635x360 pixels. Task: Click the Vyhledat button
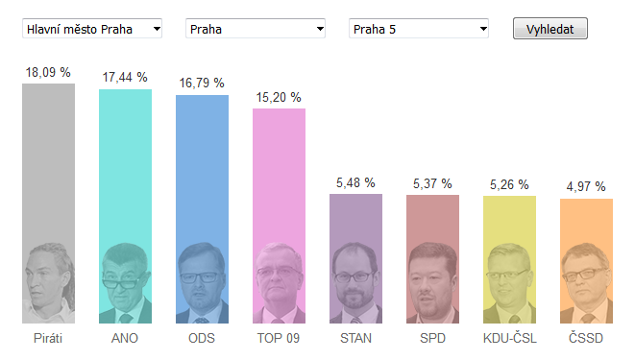[x=550, y=28]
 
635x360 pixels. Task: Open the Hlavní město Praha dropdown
[x=92, y=28]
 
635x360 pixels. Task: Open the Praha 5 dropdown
[x=419, y=28]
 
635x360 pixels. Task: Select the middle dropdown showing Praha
[x=256, y=28]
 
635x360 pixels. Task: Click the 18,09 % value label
[x=48, y=72]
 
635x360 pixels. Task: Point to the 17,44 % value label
[x=125, y=77]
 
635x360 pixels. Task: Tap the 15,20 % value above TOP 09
[x=279, y=98]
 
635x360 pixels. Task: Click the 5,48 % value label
[x=355, y=182]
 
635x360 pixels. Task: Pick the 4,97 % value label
[x=586, y=186]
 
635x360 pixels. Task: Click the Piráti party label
[x=48, y=338]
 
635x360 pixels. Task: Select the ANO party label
[x=125, y=338]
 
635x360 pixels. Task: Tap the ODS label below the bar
[x=202, y=338]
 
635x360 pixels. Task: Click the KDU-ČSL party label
[x=510, y=338]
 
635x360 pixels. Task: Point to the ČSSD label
[x=586, y=338]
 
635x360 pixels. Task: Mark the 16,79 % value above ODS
[x=202, y=83]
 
